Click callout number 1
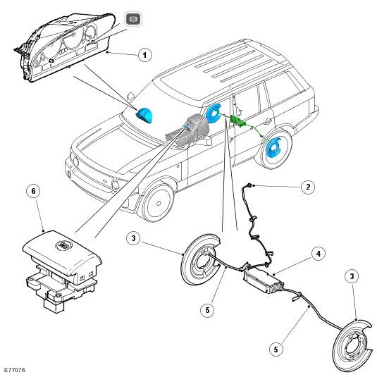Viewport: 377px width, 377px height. point(144,55)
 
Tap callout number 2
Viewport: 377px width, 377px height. point(308,187)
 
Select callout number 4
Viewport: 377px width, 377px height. point(319,254)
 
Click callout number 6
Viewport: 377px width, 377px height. point(33,191)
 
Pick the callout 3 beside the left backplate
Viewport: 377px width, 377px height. point(133,238)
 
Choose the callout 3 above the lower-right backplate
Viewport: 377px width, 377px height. point(352,276)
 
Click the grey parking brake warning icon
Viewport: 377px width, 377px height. point(133,19)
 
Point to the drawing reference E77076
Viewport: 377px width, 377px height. point(14,370)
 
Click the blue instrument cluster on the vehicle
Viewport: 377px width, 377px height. point(144,115)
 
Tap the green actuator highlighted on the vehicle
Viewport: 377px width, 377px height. point(238,120)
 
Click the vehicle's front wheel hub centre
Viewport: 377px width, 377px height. point(159,203)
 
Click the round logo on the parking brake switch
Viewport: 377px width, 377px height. point(62,245)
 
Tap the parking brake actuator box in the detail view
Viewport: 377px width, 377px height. point(264,281)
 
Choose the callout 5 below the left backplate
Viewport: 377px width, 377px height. point(207,310)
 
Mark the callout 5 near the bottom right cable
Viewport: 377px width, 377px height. point(276,349)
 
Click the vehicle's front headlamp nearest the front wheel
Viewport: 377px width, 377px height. point(116,184)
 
